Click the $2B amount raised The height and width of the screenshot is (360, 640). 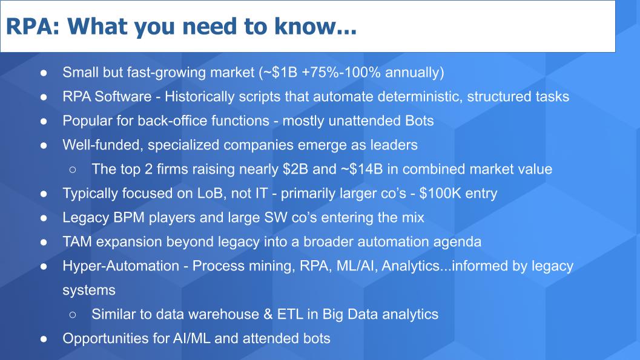point(295,169)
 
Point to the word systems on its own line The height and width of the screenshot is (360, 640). point(88,290)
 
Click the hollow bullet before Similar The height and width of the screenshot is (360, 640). point(72,315)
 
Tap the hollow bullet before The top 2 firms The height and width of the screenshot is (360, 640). point(72,169)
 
